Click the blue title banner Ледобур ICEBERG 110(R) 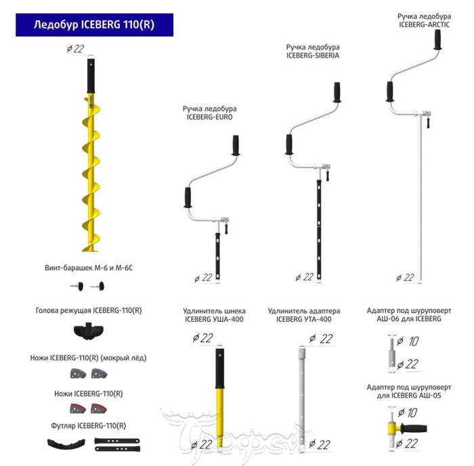click(94, 25)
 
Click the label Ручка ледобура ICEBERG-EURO click(210, 112)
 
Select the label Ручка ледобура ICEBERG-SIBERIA click(312, 51)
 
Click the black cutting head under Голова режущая click(89, 333)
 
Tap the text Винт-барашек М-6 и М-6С click(88, 268)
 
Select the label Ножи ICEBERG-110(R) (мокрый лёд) click(88, 357)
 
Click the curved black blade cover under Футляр click(68, 445)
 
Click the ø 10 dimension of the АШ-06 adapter click(410, 341)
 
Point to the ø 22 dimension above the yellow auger click(75, 47)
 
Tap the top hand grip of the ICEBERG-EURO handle click(236, 145)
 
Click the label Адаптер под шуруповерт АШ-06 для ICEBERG click(404, 314)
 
